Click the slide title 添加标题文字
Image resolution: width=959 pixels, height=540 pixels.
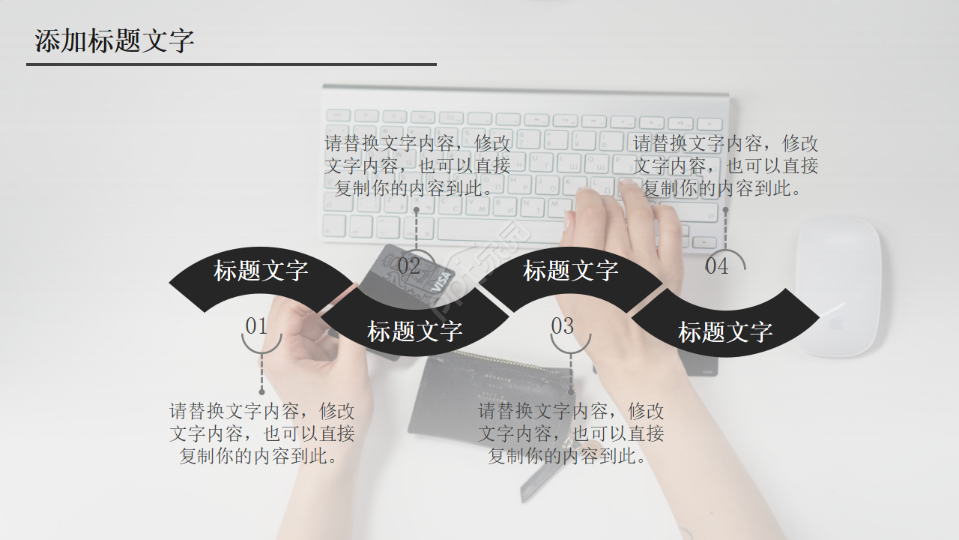click(114, 40)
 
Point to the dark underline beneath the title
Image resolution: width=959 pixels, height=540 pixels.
click(231, 64)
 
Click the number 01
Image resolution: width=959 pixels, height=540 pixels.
click(256, 325)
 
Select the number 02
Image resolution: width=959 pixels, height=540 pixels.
click(409, 265)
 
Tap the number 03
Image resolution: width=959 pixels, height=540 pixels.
click(562, 325)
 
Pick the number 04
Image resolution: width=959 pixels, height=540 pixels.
click(716, 265)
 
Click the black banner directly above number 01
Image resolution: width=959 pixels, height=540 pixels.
click(261, 271)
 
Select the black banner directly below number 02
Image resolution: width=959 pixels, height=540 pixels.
click(414, 331)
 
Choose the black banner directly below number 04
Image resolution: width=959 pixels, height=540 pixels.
click(724, 331)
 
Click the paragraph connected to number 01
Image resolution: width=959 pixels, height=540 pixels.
click(261, 433)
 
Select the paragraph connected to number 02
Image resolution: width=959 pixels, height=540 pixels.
click(417, 165)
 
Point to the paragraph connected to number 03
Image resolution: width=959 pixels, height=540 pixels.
click(571, 433)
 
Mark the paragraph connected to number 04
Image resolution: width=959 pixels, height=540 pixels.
click(725, 165)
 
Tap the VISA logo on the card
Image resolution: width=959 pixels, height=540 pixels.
click(441, 281)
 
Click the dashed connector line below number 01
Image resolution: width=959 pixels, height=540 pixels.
click(261, 373)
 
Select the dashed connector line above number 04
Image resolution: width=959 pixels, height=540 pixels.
click(725, 229)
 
